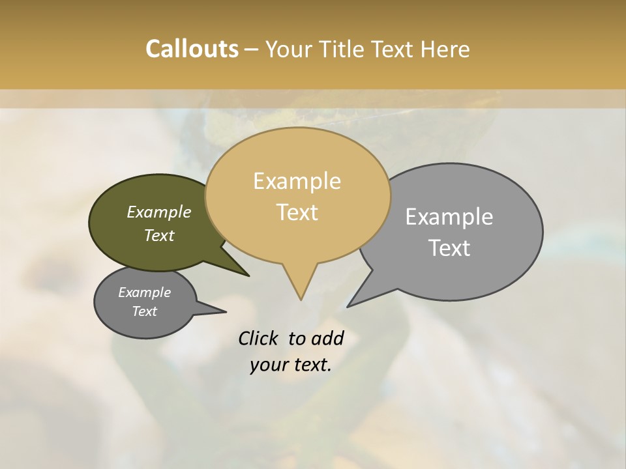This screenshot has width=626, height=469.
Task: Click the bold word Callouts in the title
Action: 192,49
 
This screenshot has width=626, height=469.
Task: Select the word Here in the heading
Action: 446,49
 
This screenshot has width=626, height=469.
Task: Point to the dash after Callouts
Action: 251,50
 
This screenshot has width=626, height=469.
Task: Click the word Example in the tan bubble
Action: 297,181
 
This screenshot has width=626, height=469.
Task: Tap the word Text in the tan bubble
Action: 297,212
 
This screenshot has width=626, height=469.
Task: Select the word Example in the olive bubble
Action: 159,212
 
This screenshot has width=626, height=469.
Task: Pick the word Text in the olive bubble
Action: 159,235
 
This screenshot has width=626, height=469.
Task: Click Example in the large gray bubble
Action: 449,217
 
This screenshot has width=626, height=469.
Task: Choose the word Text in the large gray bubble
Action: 449,248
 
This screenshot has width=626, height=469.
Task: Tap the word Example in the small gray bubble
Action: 145,292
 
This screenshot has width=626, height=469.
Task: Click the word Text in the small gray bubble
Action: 145,311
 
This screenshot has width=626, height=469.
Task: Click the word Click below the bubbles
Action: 258,338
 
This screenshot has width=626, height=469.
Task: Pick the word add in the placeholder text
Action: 328,338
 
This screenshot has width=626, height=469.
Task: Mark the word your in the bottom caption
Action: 269,365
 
